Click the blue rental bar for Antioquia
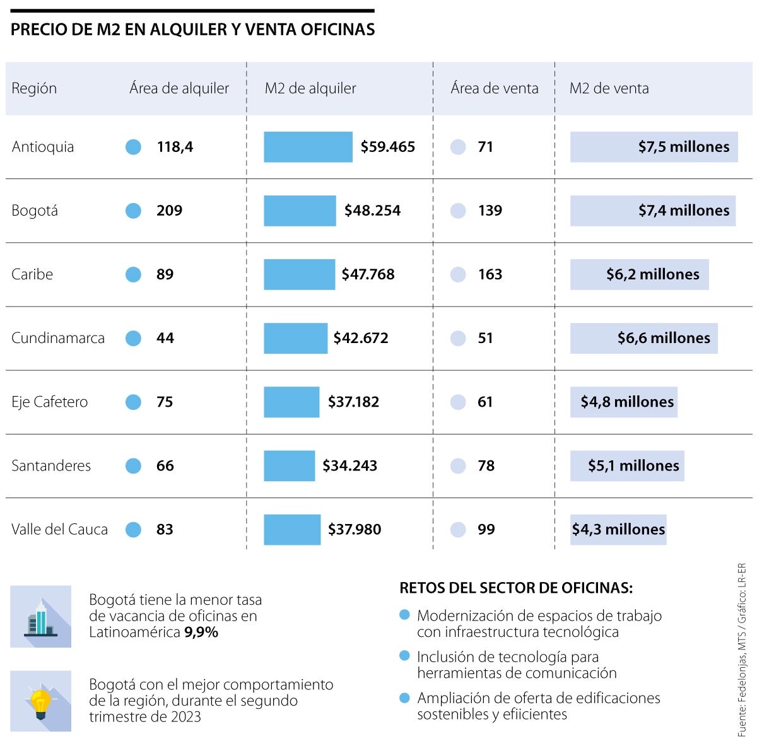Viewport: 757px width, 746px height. point(308,147)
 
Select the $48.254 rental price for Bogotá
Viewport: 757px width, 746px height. point(372,211)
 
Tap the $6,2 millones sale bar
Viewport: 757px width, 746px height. point(639,274)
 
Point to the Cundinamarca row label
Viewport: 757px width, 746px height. point(58,338)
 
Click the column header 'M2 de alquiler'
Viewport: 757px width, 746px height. point(310,88)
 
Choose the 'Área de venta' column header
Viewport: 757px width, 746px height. point(494,88)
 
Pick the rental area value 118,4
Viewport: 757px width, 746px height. point(175,147)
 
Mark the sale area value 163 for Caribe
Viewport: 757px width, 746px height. point(490,274)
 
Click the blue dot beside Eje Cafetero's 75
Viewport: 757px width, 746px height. point(133,402)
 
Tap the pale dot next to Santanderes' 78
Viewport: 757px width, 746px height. point(458,466)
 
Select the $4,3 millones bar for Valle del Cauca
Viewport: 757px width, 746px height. point(618,530)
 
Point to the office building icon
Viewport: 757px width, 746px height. point(41,617)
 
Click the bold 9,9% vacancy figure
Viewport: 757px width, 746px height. point(201,632)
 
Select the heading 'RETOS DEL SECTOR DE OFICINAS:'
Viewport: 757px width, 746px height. point(515,588)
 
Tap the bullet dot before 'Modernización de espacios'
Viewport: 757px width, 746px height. point(405,615)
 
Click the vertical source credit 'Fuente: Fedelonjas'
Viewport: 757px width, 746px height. point(742,650)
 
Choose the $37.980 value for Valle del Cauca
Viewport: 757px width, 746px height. point(355,530)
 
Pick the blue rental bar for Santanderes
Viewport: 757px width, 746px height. point(289,466)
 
